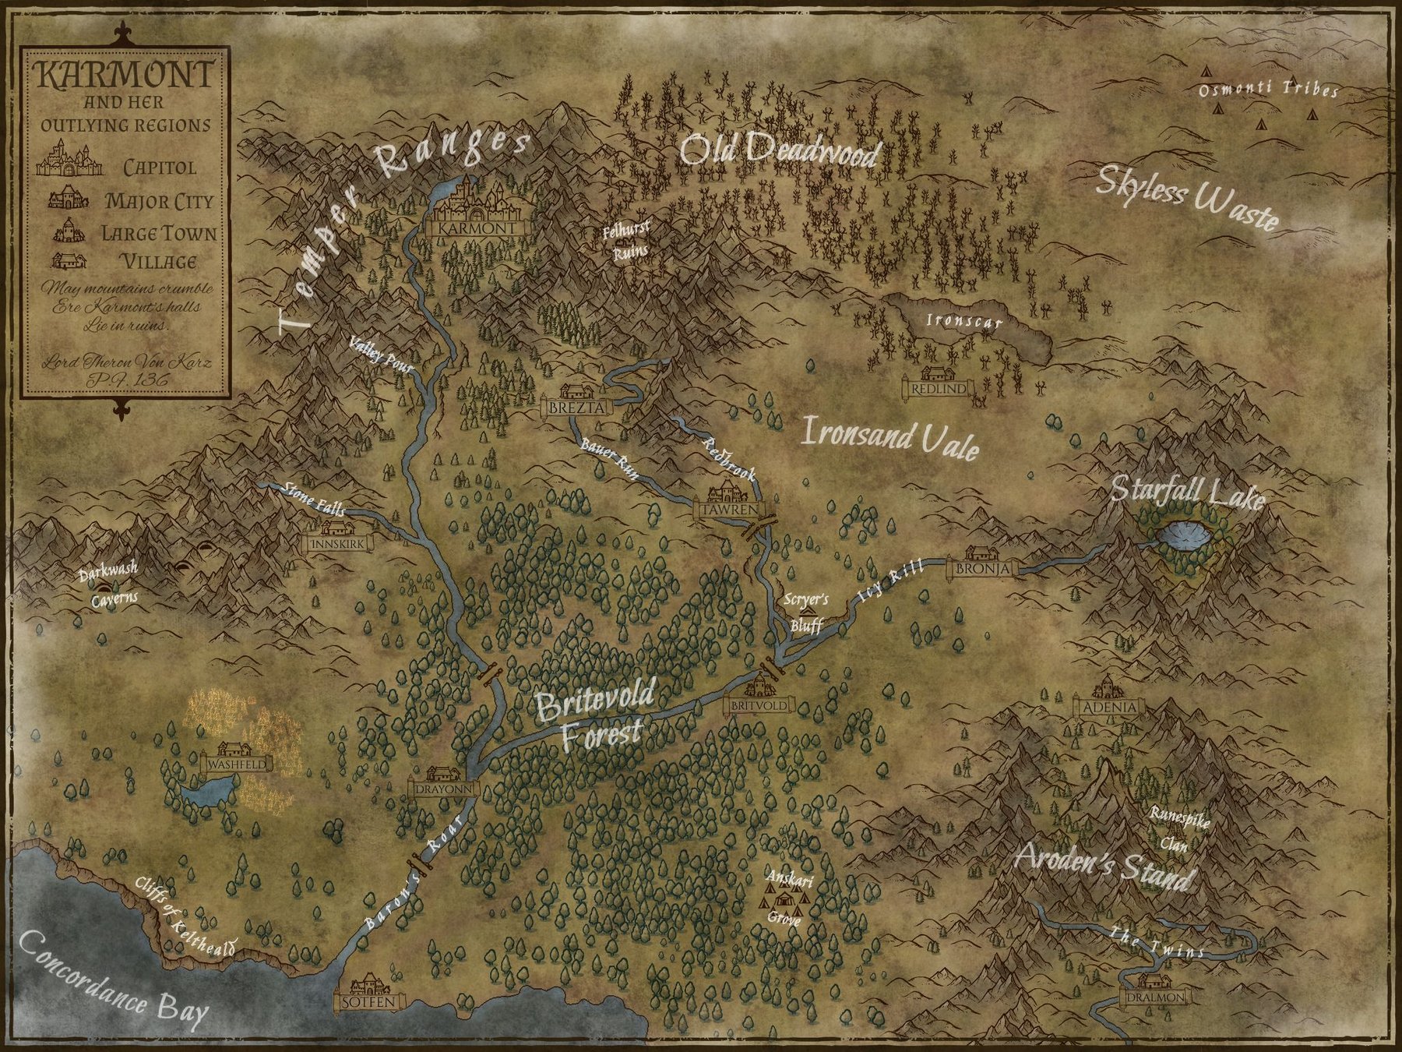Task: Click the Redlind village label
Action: pyautogui.click(x=939, y=387)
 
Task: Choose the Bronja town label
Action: pyautogui.click(x=982, y=569)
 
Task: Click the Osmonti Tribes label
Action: pyautogui.click(x=1256, y=90)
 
